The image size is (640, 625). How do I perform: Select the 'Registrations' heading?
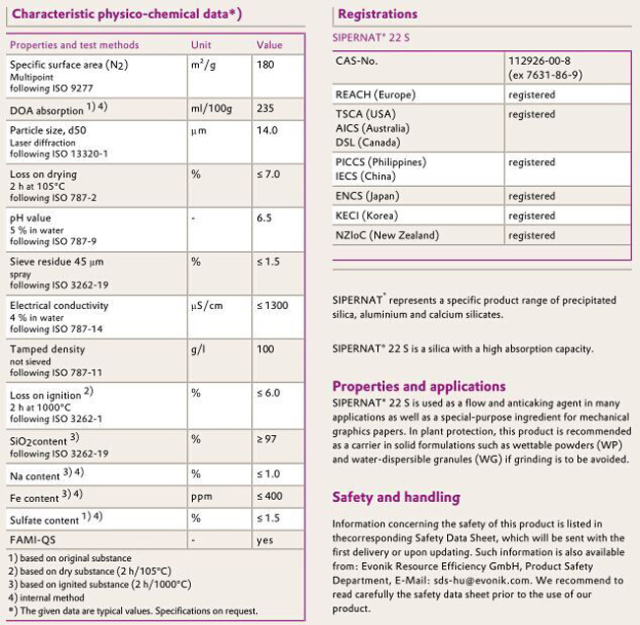(377, 14)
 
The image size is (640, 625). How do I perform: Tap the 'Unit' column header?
(201, 45)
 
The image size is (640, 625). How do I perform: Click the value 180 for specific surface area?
(265, 65)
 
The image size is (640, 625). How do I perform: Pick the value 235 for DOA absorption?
(265, 109)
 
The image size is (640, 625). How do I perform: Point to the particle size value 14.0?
(268, 130)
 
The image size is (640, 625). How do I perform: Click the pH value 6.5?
(264, 218)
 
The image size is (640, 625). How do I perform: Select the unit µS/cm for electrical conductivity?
(207, 306)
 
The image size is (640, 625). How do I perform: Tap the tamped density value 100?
(265, 349)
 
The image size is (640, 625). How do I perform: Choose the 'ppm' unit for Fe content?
(201, 497)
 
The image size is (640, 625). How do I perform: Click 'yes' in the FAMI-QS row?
(264, 540)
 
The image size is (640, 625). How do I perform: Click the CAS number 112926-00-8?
(539, 61)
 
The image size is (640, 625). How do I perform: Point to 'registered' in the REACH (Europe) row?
(532, 95)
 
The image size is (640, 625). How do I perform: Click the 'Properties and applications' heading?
(418, 386)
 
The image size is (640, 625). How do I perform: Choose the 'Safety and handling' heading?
(396, 497)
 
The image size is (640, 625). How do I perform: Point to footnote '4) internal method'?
(48, 599)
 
